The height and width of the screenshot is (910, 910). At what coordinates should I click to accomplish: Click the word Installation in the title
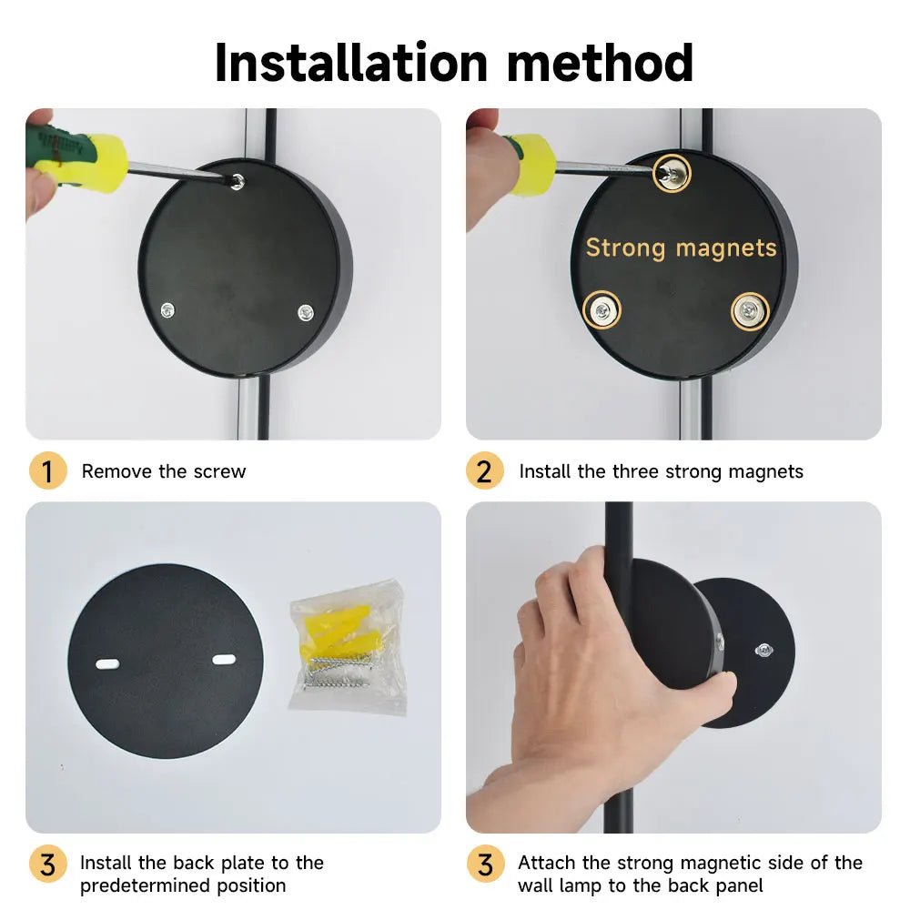pos(351,63)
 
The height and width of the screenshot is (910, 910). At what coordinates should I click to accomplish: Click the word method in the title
pos(600,63)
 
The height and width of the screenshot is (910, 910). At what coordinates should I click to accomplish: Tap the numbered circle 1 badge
pos(47,470)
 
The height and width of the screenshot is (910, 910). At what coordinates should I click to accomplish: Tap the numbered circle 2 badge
pos(485,470)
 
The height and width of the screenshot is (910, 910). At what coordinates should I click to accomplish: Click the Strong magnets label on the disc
pos(681,248)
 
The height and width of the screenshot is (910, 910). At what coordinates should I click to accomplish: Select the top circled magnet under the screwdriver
pos(672,172)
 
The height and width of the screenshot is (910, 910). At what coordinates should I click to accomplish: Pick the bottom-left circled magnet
pos(602,310)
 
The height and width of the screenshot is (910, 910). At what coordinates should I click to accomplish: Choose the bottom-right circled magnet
pos(750,311)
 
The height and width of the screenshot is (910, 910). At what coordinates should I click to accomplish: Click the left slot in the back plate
pos(107,664)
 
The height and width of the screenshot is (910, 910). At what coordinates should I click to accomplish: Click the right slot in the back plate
pos(224,659)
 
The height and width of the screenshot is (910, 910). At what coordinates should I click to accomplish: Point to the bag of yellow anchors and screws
pos(347,647)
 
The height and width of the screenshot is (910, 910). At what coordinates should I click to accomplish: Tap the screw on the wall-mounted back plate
pos(763,650)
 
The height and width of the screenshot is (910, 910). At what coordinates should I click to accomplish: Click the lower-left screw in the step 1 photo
pos(167,310)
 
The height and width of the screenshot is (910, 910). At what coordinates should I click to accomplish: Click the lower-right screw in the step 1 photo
pos(305,312)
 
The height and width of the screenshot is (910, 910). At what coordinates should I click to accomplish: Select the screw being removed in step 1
pos(238,182)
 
